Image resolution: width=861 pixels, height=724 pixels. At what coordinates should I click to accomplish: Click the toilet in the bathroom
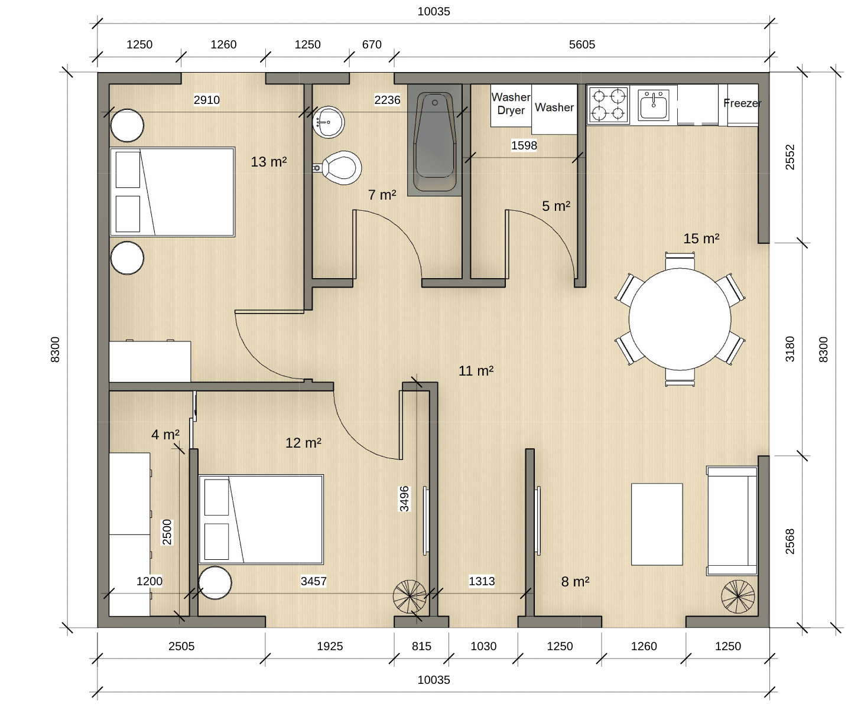tap(337, 168)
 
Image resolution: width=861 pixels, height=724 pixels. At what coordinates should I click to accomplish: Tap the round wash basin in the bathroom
tap(328, 122)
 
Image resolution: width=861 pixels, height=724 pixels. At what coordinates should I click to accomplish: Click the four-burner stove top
tap(608, 105)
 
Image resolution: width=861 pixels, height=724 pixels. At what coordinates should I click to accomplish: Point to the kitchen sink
tap(654, 105)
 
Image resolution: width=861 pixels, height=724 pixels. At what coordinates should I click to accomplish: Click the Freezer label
tap(742, 103)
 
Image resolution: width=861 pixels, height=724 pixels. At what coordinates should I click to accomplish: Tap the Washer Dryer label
tap(511, 103)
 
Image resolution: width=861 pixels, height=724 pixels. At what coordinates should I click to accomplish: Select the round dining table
tap(680, 319)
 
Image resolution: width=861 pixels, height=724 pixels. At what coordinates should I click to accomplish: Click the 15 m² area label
tap(701, 238)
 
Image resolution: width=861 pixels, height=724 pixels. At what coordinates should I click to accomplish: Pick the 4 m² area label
tap(165, 434)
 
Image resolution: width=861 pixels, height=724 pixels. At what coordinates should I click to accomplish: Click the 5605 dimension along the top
tap(582, 44)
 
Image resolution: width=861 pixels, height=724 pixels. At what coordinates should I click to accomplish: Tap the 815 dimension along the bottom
tap(421, 646)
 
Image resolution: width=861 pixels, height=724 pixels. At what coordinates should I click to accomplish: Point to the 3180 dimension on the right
tap(789, 349)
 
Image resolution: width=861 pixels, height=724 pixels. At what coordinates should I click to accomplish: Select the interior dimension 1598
tap(524, 145)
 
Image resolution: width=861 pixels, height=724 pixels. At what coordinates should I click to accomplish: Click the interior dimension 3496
tap(405, 498)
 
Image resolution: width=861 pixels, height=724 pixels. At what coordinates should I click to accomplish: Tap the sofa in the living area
tap(732, 520)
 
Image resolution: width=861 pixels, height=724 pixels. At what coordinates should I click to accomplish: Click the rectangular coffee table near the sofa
tap(657, 524)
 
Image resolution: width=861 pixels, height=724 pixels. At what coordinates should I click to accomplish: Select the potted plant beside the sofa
tap(737, 596)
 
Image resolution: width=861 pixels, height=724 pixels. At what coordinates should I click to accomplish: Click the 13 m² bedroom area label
tap(269, 162)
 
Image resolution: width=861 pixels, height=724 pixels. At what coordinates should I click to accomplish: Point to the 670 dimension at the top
tap(372, 44)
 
